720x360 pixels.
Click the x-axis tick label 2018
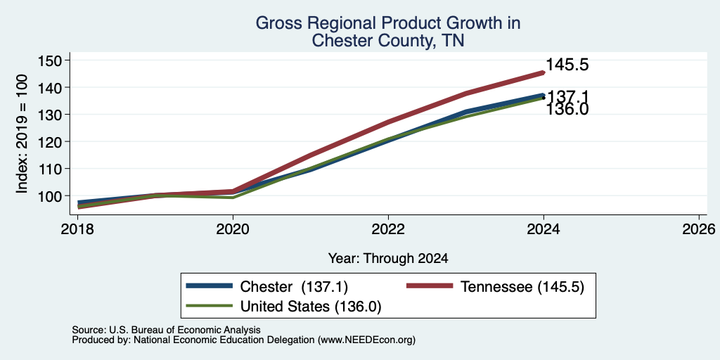coord(77,229)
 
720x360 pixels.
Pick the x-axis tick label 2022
coord(388,229)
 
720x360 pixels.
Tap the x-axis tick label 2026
coord(699,229)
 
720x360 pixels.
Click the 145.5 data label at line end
coord(567,65)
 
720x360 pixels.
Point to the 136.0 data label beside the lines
coord(567,109)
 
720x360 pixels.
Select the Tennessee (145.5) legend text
coord(522,287)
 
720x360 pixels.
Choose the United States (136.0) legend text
coord(311,307)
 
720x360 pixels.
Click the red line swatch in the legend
coord(430,286)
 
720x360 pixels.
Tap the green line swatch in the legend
coord(210,305)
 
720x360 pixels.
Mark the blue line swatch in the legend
coord(210,286)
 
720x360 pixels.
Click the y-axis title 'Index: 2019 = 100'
coord(22,134)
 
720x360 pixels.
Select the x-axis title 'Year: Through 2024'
coord(388,259)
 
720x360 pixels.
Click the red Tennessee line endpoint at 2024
coord(544,72)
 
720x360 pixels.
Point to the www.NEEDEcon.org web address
coord(366,340)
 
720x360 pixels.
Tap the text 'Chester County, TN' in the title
coord(388,41)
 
